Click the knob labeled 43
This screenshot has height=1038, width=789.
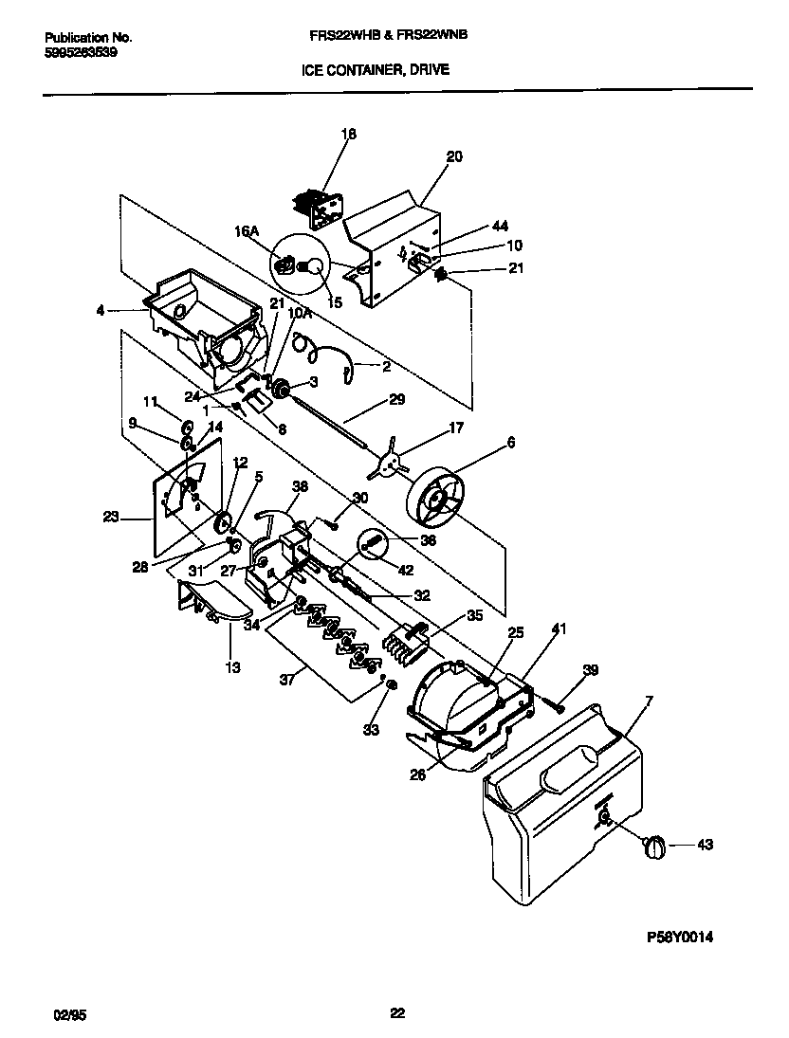coord(653,847)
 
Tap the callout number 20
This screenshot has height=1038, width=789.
coord(454,157)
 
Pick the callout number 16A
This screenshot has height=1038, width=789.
coord(247,229)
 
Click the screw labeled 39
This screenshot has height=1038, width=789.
coord(557,704)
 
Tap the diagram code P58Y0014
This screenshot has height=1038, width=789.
coord(679,938)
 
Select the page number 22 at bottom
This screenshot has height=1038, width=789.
coord(397,1013)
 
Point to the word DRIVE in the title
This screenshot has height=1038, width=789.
coord(430,69)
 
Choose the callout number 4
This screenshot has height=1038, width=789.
coord(100,309)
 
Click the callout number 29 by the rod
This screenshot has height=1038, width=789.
coord(396,400)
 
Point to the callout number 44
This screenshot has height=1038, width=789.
coord(500,227)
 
